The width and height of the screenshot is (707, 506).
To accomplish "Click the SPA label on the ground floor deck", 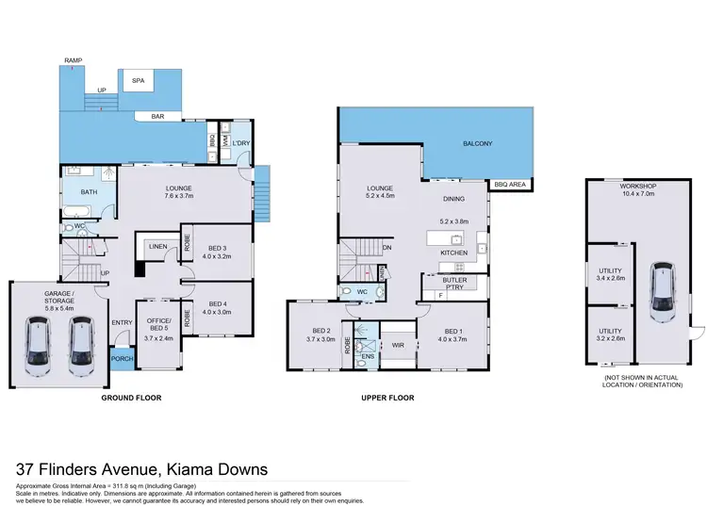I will point(138,81).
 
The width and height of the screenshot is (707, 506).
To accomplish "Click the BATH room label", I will point(89,192).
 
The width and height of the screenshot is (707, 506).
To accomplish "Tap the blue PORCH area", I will point(121,358).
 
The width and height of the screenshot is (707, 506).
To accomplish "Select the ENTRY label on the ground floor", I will point(123,323).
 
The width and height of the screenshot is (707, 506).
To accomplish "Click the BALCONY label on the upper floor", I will point(477,144).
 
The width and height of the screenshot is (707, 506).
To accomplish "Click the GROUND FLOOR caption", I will point(131,398).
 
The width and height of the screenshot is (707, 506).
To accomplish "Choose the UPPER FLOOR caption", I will point(388,398).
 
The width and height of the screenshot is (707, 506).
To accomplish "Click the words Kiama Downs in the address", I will point(217,468).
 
